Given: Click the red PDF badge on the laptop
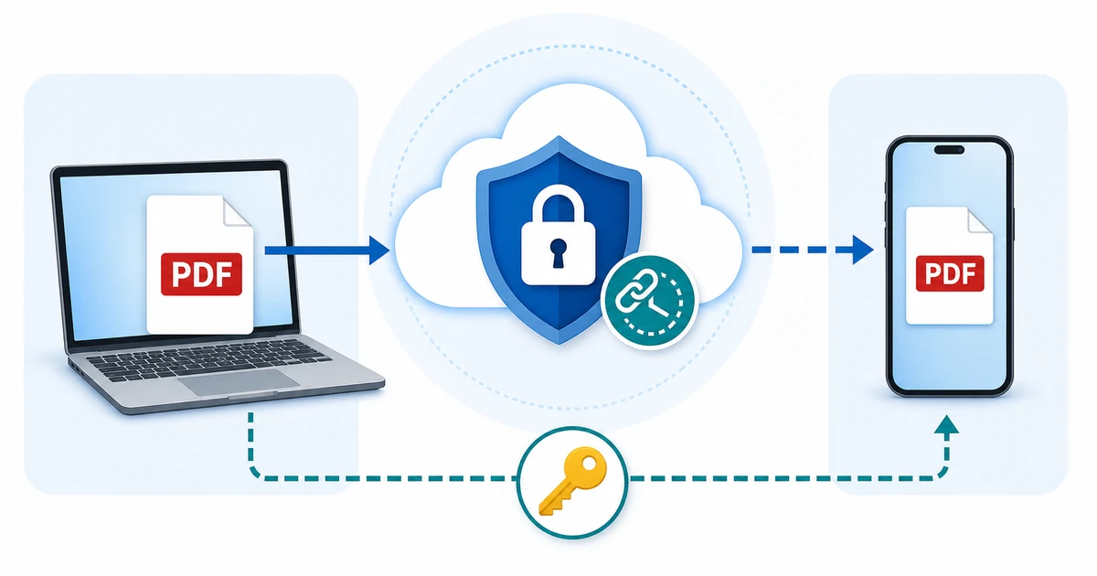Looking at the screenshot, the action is coord(201,274).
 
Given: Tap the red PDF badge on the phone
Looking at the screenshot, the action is coord(950,273).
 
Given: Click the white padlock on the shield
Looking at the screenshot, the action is coord(558,235).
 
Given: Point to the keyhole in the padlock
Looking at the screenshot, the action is coord(558,252).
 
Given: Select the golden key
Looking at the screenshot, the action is coord(573,481).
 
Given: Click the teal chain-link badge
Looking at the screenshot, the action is coord(649,300).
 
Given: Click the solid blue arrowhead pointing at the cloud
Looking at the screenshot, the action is coord(379,251).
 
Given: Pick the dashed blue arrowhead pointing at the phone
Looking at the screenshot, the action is coord(862,250).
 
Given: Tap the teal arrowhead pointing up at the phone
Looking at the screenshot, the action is coord(946,424).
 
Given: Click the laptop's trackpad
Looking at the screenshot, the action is coord(239,382).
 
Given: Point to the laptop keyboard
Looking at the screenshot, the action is coord(208,359).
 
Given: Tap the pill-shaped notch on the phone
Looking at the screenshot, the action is coord(949,150).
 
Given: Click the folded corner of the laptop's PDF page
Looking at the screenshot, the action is coord(237,211).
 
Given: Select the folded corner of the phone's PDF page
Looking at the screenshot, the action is coord(980,220).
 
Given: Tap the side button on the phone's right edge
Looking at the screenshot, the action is coord(1013,224).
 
